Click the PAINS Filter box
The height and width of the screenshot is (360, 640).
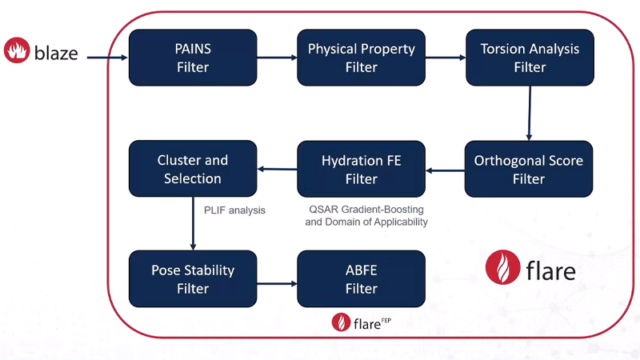[x=193, y=58]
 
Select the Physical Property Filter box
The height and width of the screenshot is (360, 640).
[x=362, y=58]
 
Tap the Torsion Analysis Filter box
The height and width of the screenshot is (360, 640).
[x=530, y=58]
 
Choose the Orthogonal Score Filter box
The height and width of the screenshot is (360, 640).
[x=529, y=169]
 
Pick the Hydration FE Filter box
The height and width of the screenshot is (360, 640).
[x=362, y=169]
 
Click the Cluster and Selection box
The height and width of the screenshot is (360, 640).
[x=193, y=169]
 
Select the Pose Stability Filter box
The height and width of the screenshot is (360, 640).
[x=193, y=278]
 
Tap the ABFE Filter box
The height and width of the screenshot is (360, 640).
[x=362, y=278]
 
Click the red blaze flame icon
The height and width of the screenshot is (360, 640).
[x=17, y=50]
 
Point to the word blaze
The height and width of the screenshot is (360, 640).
[x=56, y=53]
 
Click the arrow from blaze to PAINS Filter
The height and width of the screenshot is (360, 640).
[x=107, y=58]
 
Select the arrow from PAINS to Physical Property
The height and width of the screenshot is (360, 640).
[x=277, y=58]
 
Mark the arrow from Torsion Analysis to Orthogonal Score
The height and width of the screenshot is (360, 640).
[x=530, y=114]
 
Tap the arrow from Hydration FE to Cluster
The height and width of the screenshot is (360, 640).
[x=277, y=169]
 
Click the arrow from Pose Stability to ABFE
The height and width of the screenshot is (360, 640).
[x=277, y=284]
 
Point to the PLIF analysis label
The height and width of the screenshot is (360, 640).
[x=234, y=210]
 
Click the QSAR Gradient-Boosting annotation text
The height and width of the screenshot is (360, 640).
[x=366, y=215]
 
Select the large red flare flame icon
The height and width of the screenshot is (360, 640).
[x=503, y=267]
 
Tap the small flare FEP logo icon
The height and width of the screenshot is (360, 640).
[x=342, y=322]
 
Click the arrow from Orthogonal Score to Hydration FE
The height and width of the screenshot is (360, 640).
[x=445, y=170]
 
